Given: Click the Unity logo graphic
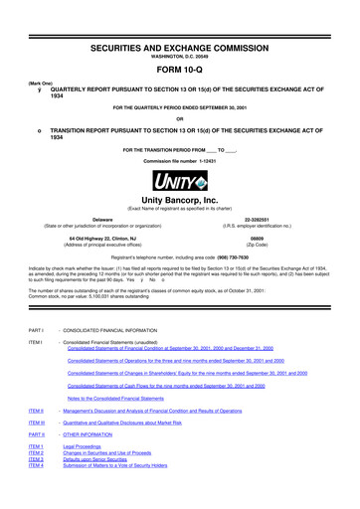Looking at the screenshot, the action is pos(180,182).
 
